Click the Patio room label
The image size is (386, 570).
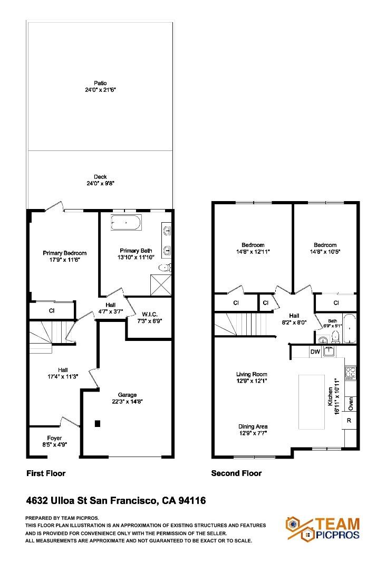tap(100, 83)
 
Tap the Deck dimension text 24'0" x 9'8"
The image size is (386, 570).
tap(100, 184)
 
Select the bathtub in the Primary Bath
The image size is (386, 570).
tap(126, 223)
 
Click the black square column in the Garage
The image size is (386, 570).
tap(98, 423)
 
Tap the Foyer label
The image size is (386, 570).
tap(54, 438)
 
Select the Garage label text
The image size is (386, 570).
tap(127, 394)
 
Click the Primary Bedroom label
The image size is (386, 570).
tap(64, 253)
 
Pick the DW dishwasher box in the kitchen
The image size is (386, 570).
tap(315, 351)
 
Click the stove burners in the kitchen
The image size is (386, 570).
tap(351, 373)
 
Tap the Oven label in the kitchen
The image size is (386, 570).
tap(351, 403)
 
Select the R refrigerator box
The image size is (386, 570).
tap(349, 421)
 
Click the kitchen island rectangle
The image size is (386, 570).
tap(312, 402)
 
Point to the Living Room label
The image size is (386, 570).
tap(252, 374)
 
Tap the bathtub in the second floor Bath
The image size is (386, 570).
tap(350, 328)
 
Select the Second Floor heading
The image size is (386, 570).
tap(236, 473)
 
